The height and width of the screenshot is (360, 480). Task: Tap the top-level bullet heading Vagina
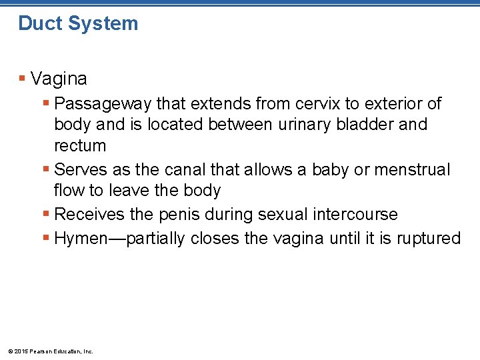click(x=59, y=79)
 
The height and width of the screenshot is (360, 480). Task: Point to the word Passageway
click(x=103, y=105)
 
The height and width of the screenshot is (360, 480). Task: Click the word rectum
click(x=80, y=146)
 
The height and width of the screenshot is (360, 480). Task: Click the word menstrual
click(x=412, y=170)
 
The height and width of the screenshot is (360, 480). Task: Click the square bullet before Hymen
click(x=45, y=238)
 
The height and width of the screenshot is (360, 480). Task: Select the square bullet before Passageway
click(x=45, y=104)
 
